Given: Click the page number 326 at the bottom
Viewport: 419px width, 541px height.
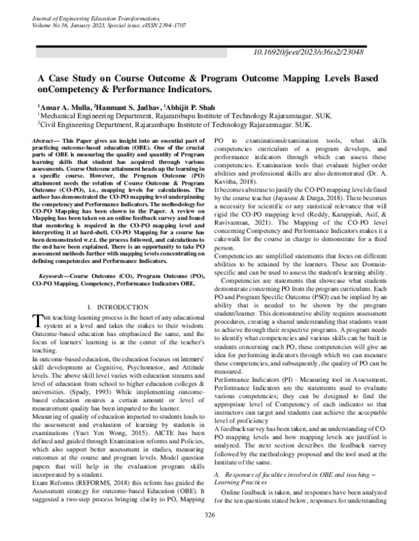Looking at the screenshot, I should tap(209, 533).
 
